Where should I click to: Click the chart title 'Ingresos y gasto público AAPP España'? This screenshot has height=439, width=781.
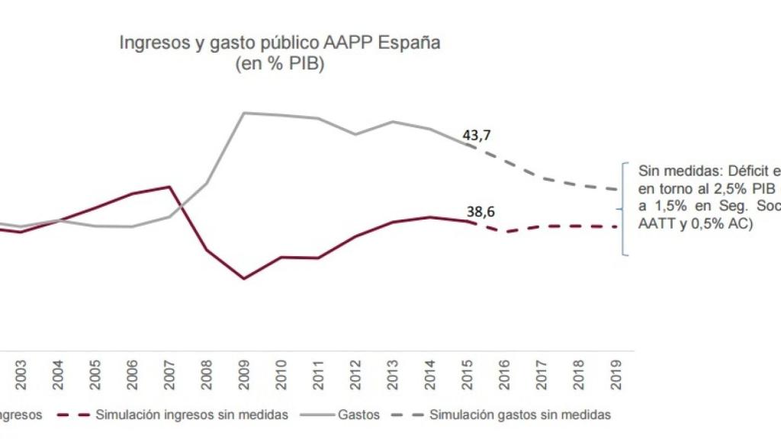tap(279, 43)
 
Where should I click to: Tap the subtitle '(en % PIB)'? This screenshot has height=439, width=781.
tap(279, 66)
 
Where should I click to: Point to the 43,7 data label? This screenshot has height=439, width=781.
tap(477, 135)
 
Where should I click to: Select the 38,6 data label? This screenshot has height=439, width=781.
tap(480, 213)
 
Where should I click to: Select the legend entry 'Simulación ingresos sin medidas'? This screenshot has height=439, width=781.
tap(192, 415)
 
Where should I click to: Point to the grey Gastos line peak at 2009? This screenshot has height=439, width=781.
tap(243, 113)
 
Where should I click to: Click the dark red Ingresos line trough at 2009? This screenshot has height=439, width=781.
tap(243, 278)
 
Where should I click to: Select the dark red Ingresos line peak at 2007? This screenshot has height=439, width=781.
tap(169, 186)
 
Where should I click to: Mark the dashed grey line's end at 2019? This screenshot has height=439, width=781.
tap(615, 189)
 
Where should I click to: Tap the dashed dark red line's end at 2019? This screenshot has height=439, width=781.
tap(615, 226)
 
